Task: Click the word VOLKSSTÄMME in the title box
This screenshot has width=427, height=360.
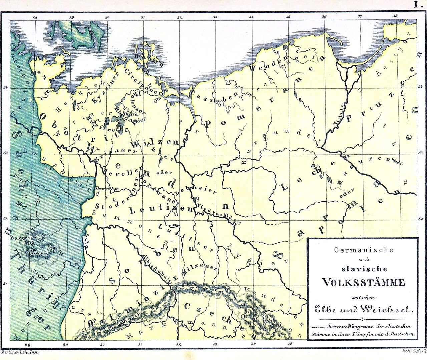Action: click(363, 282)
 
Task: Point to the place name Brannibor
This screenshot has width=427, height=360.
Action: click(107, 189)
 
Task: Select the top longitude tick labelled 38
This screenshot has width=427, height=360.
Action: click(395, 16)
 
